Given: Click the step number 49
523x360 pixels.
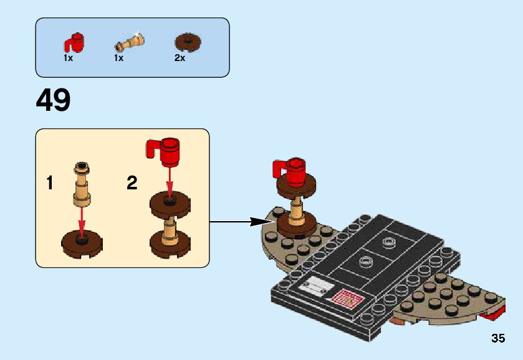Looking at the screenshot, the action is tap(54, 100).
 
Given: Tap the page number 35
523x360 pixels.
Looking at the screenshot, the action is tap(497, 339).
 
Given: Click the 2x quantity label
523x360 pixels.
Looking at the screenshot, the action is tap(180, 58).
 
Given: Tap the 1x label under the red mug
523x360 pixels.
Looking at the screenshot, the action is tap(69, 58).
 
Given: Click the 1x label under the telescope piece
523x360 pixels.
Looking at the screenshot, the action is tap(118, 58).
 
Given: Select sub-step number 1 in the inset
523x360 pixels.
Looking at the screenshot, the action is tap(50, 183).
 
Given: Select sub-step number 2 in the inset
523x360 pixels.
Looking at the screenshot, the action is tap(132, 183).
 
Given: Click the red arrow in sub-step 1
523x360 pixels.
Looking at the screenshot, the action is tap(81, 221).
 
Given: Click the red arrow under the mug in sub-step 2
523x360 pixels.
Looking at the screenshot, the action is tap(169, 181).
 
